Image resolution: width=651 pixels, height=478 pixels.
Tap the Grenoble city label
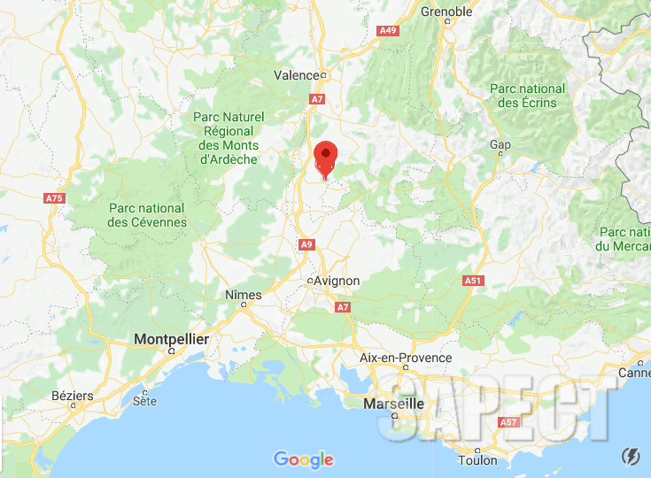coord(447,12)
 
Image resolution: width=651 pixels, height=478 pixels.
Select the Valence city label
coord(296,75)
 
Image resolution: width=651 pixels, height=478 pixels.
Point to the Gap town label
coord(500,144)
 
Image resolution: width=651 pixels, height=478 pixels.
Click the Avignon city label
coord(337,281)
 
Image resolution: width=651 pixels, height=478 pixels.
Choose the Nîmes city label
coord(244,294)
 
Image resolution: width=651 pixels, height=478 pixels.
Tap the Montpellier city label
coord(171,339)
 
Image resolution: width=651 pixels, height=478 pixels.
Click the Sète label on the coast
coord(144,401)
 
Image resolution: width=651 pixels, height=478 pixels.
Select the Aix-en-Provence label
coord(407,358)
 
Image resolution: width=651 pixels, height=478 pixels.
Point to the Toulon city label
coord(477,460)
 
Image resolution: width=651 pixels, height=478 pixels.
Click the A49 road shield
coord(388,31)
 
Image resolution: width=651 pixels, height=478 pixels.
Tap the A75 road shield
coord(55,198)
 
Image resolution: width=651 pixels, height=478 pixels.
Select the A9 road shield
coord(306,244)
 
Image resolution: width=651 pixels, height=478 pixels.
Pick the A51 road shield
coord(473,281)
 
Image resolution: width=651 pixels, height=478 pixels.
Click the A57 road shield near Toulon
coord(508,422)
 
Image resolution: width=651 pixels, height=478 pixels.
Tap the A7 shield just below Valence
coord(317,99)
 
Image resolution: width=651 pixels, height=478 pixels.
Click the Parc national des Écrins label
coord(528,96)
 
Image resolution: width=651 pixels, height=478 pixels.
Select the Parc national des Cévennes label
coord(147,214)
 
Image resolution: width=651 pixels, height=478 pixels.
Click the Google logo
coord(304,459)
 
